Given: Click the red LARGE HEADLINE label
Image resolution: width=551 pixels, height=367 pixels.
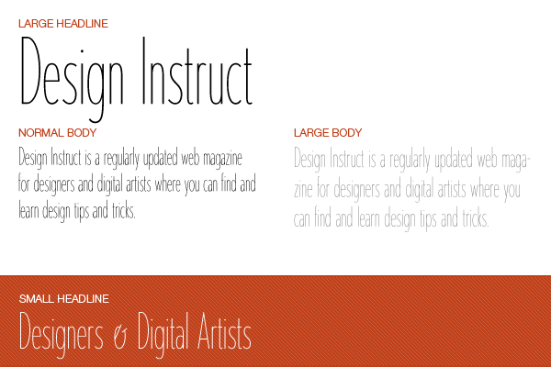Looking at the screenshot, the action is tap(63, 24).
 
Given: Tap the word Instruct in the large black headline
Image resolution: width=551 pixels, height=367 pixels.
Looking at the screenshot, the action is tap(197, 72).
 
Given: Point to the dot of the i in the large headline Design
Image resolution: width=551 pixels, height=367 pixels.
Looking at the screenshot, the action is tap(83, 51).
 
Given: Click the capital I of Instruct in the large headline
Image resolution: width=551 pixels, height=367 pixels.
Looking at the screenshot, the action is tap(144, 71).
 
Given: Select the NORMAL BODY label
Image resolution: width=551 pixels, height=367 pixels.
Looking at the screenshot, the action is tap(58, 133).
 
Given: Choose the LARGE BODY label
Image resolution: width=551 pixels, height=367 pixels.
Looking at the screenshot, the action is tap(328, 133).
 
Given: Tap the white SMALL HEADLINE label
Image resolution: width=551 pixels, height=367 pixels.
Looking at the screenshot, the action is tap(64, 299).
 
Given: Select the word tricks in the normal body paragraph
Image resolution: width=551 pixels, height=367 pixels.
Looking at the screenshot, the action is tap(124, 210).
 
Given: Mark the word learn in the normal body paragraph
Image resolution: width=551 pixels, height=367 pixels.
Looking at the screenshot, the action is tap(28, 210).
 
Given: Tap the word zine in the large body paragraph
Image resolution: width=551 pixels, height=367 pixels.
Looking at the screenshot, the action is tap(303, 190).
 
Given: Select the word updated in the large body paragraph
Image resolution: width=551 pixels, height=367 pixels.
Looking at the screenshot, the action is tap(454, 160).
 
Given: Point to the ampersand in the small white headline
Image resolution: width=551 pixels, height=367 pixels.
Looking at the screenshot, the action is tap(120, 338).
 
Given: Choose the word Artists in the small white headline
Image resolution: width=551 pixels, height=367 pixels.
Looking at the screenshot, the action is tap(224, 331).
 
